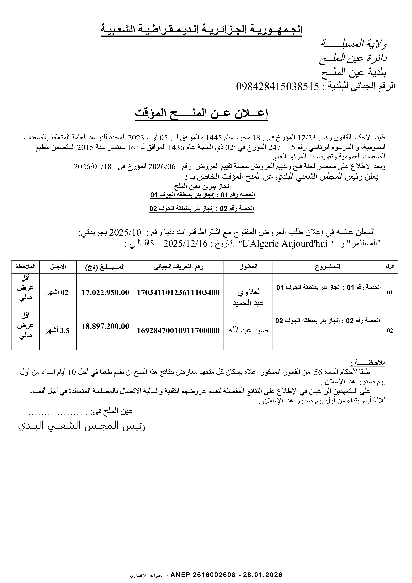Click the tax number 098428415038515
click(277, 87)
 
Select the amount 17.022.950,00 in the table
click(105, 292)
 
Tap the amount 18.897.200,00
click(105, 326)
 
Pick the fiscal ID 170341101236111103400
click(178, 292)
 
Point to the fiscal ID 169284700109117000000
click(178, 331)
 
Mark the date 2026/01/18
click(93, 167)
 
